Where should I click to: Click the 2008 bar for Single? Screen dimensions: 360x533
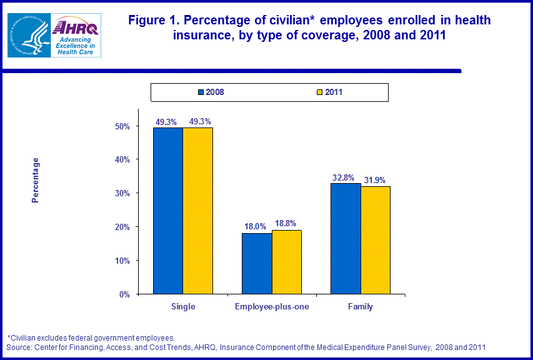167,211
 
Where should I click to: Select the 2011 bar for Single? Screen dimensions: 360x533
197,211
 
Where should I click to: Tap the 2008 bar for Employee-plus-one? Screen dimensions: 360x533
257,263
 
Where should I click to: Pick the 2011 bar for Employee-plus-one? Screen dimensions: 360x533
287,262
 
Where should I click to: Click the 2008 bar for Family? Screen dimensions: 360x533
346,238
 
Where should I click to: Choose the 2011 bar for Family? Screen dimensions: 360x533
376,240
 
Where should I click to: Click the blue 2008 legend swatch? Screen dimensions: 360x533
201,92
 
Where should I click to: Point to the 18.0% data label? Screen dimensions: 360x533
255,227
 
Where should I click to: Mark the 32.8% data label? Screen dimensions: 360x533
344,177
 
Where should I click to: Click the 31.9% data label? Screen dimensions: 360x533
376,180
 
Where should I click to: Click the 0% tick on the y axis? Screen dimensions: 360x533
124,294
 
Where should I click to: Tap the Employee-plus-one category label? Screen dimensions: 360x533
272,307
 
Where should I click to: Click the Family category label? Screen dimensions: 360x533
361,307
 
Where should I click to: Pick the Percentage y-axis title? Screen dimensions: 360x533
36,180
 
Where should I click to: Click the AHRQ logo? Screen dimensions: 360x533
76,36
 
